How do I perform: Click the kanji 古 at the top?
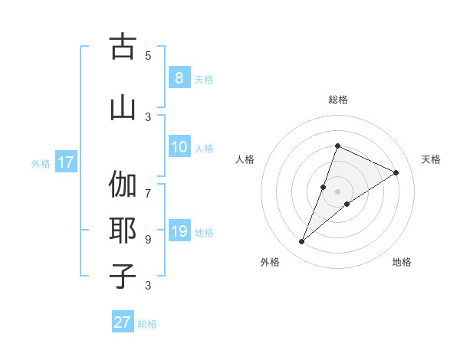[x=122, y=47]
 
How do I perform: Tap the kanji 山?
[x=122, y=106]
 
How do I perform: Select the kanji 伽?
[x=122, y=185]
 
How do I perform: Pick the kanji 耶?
[x=122, y=231]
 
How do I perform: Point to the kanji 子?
[x=122, y=276]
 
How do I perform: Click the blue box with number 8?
[x=179, y=77]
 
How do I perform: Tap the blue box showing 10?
[x=179, y=148]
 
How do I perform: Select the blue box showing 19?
[x=179, y=231]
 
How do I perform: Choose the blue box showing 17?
[x=65, y=162]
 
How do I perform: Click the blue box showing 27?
[x=123, y=322]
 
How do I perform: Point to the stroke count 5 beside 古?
[x=148, y=55]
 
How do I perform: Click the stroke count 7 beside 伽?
[x=148, y=186]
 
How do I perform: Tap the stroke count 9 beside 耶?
[x=148, y=239]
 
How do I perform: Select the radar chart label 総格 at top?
[x=337, y=100]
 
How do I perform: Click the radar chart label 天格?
[x=431, y=159]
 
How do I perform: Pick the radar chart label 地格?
[x=402, y=263]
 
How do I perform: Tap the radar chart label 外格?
[x=270, y=263]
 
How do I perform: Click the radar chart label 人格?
[x=245, y=159]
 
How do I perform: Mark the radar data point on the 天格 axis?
[x=396, y=172]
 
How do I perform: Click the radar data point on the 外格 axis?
[x=302, y=242]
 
